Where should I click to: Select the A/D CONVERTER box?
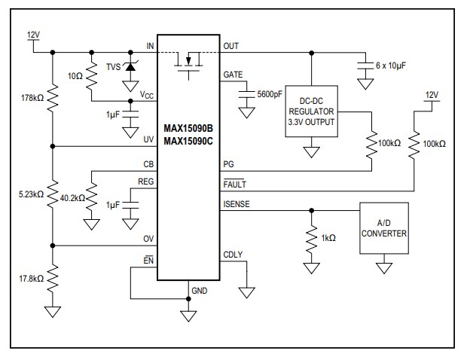point(384,228)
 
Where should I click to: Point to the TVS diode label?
point(114,66)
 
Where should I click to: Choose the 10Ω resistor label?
point(75,77)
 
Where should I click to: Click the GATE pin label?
point(233,74)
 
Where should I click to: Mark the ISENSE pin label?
point(237,203)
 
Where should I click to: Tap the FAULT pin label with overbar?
point(235,184)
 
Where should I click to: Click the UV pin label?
point(148,139)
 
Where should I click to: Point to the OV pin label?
point(148,239)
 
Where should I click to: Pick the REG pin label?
point(145,182)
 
